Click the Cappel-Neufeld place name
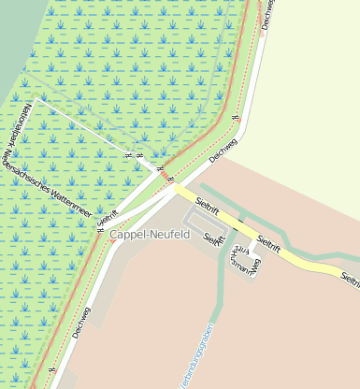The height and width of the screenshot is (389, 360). coord(150,234)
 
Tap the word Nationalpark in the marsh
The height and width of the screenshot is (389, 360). coord(22,121)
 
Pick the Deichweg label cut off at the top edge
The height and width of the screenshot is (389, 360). coord(268,13)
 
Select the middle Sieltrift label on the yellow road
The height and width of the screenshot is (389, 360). coord(268,242)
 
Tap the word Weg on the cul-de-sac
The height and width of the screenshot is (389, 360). coord(254,265)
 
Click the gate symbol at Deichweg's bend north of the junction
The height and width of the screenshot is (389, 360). coord(236,118)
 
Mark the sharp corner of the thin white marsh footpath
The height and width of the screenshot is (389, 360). coord(36,97)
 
